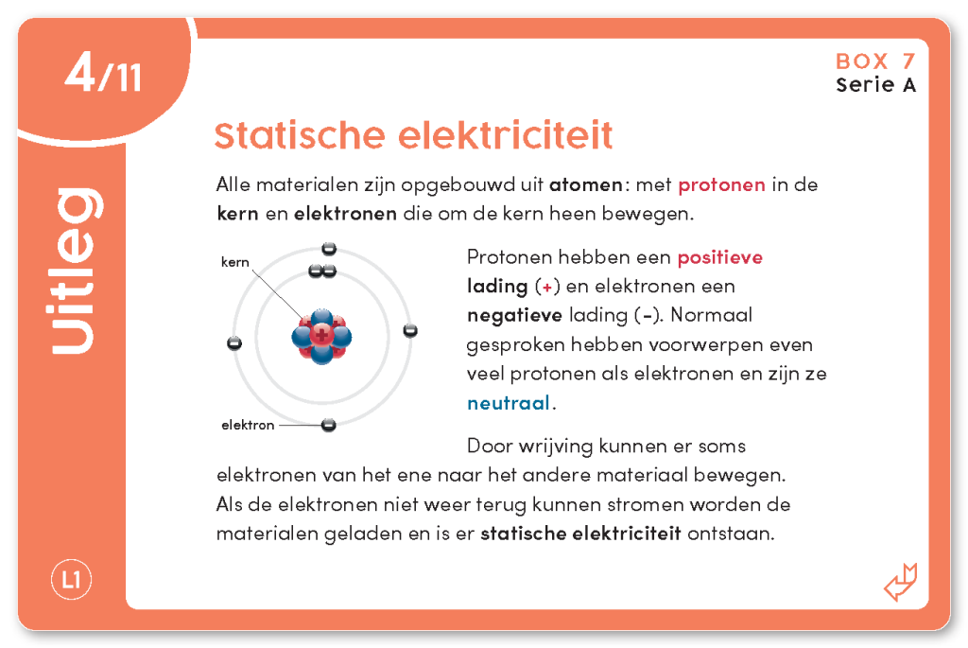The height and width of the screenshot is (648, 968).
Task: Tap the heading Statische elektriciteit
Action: coord(413,135)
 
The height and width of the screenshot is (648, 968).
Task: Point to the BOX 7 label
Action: coord(875,61)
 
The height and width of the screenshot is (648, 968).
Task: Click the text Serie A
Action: coord(875,85)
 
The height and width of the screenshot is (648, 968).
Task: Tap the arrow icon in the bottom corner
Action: coord(900,582)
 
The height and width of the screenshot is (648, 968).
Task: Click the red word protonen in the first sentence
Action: coord(721,184)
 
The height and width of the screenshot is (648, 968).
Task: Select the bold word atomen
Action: coord(586,184)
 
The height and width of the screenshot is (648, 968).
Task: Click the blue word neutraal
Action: coord(509,403)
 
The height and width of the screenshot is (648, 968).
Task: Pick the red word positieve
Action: coord(719,257)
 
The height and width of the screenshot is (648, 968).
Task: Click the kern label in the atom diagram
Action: coord(234,262)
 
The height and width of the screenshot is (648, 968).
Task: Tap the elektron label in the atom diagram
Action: coord(248,425)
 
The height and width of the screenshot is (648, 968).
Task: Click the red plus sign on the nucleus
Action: coord(321,335)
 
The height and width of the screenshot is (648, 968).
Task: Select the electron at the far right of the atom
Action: coord(410,330)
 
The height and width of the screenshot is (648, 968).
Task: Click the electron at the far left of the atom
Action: coord(234,342)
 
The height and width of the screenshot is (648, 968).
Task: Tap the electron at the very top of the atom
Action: coord(329,249)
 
